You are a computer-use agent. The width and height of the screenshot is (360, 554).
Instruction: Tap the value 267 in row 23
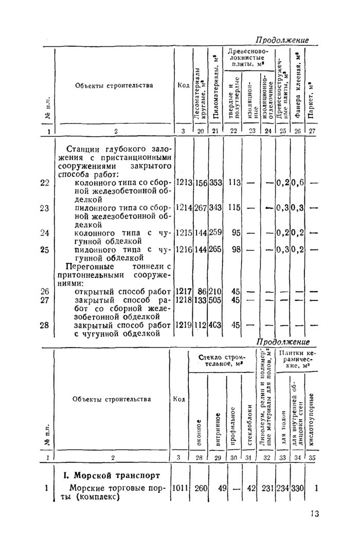[200, 207]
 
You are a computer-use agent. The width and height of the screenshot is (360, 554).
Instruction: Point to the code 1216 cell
[184, 249]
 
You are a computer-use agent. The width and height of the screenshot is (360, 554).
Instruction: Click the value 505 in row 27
[215, 299]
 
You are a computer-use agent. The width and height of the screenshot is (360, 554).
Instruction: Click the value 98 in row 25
[236, 249]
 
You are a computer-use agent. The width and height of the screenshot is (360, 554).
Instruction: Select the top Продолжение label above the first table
[282, 40]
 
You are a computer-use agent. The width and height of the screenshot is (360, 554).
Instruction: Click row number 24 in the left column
[44, 233]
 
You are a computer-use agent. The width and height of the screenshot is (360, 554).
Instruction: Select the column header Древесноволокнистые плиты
[249, 59]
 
